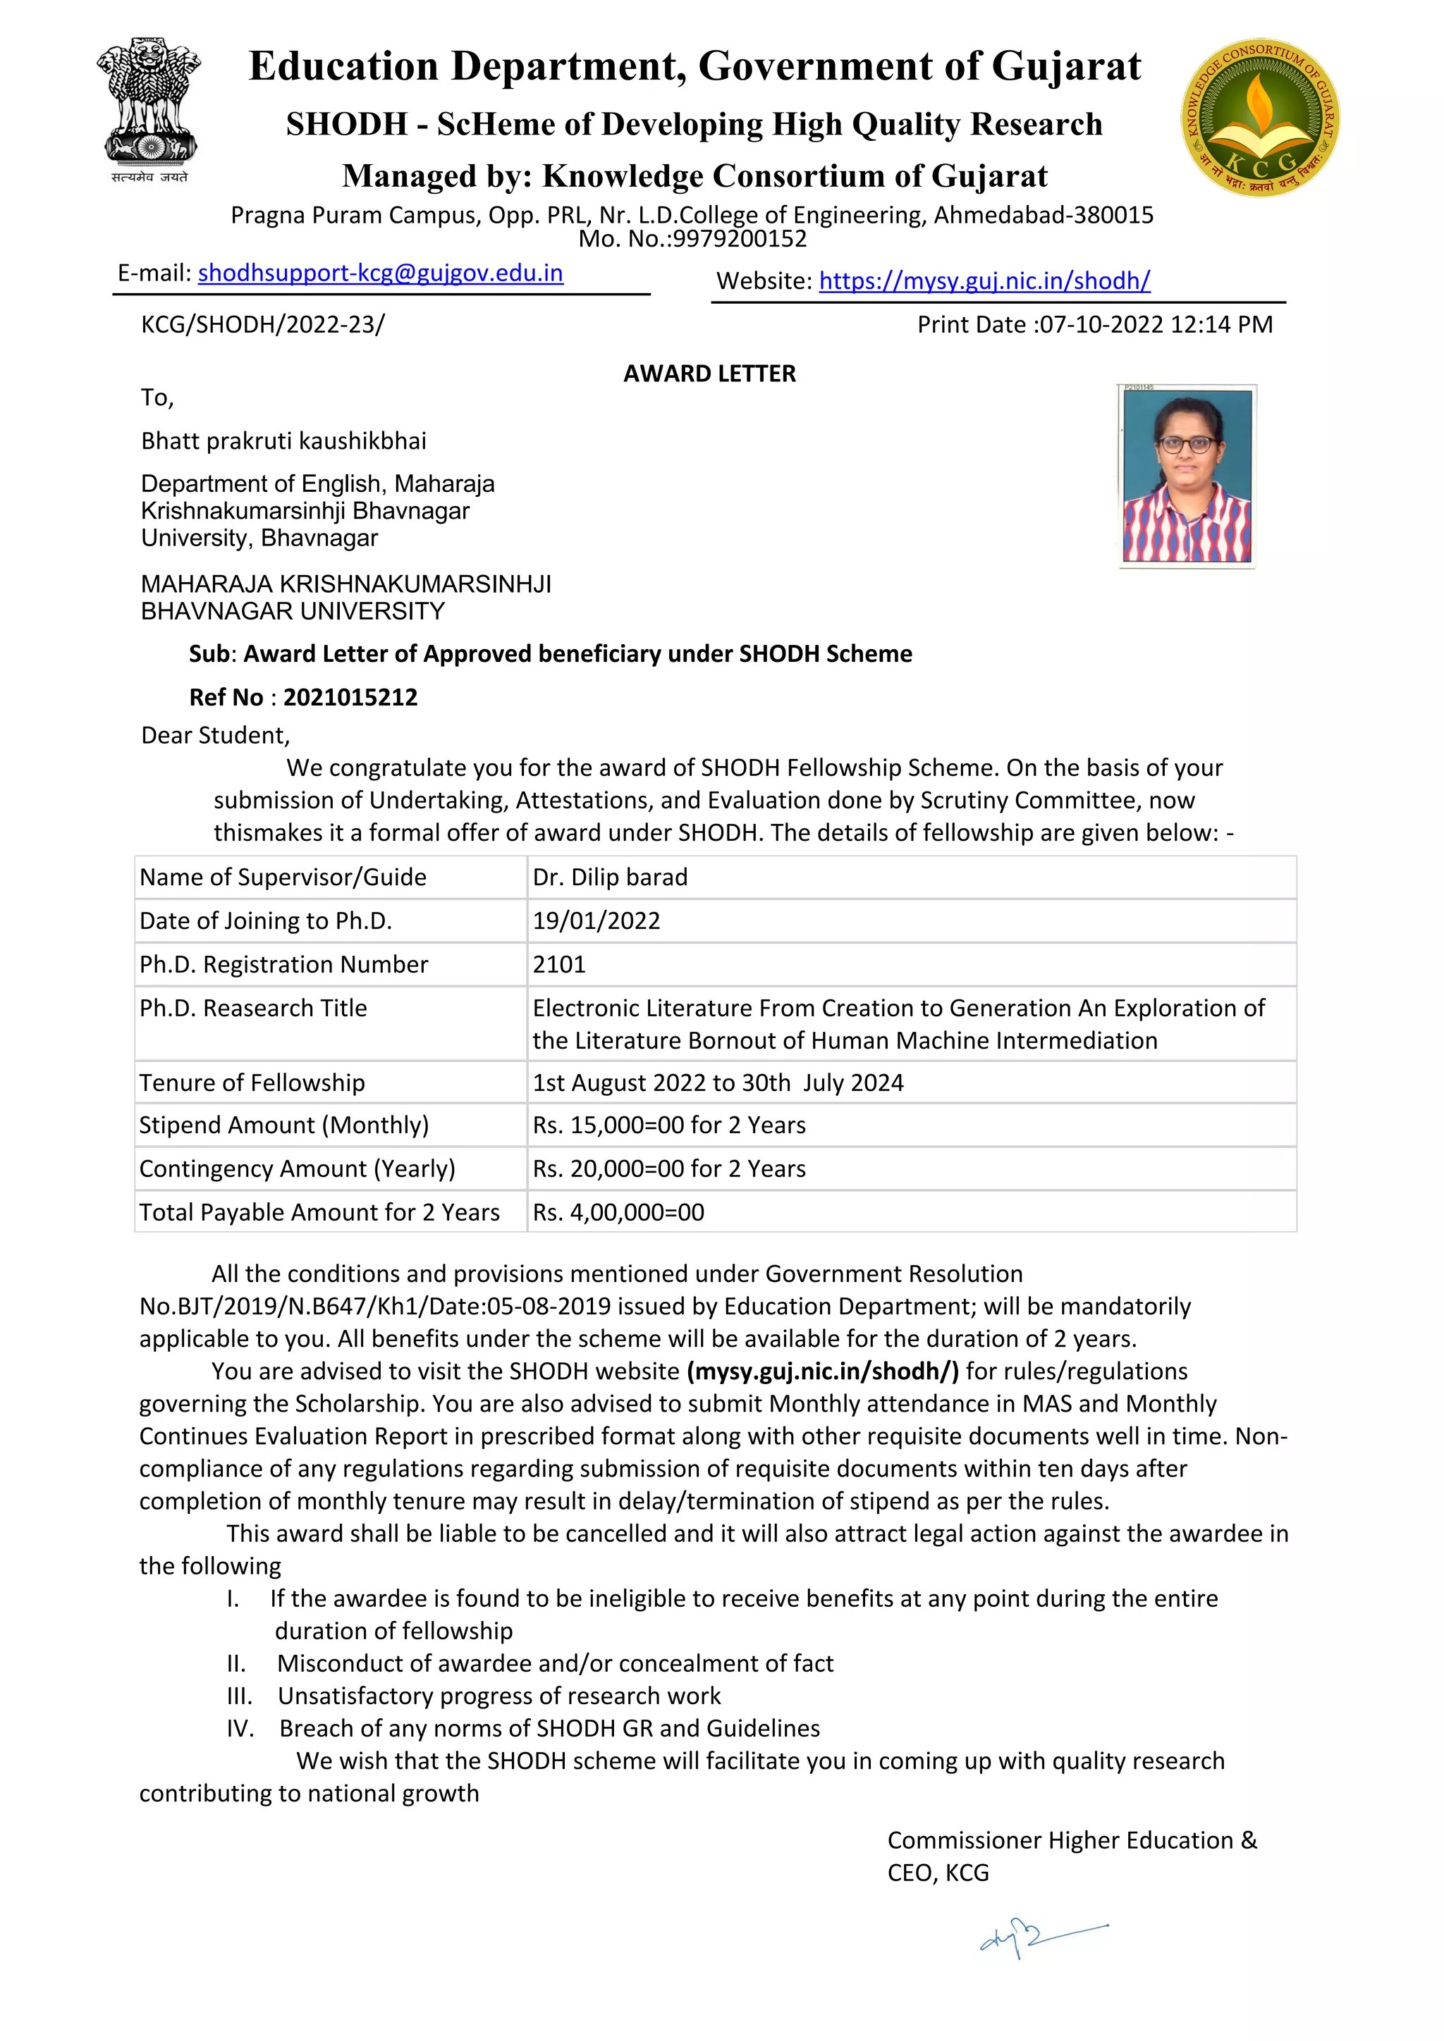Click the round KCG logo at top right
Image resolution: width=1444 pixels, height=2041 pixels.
(1260, 116)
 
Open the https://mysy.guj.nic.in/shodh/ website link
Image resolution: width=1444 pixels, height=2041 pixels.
(984, 281)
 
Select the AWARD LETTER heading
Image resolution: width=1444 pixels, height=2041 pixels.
(709, 374)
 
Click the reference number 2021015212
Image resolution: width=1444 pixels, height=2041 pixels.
(350, 697)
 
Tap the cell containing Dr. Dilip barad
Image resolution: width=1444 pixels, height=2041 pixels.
(610, 877)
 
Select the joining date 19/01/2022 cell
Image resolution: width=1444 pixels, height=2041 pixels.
(596, 921)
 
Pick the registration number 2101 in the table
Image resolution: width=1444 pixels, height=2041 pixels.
(559, 965)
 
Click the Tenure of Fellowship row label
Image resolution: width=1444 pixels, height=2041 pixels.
(252, 1083)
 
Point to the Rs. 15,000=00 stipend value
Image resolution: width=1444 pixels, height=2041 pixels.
(668, 1126)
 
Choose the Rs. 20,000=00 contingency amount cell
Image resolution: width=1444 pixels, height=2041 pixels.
(668, 1169)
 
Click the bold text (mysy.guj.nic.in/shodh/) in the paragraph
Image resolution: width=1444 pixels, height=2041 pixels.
(823, 1371)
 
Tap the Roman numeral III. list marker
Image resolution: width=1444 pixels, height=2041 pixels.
(239, 1696)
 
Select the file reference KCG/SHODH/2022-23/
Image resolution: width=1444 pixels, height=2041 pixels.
(262, 324)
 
